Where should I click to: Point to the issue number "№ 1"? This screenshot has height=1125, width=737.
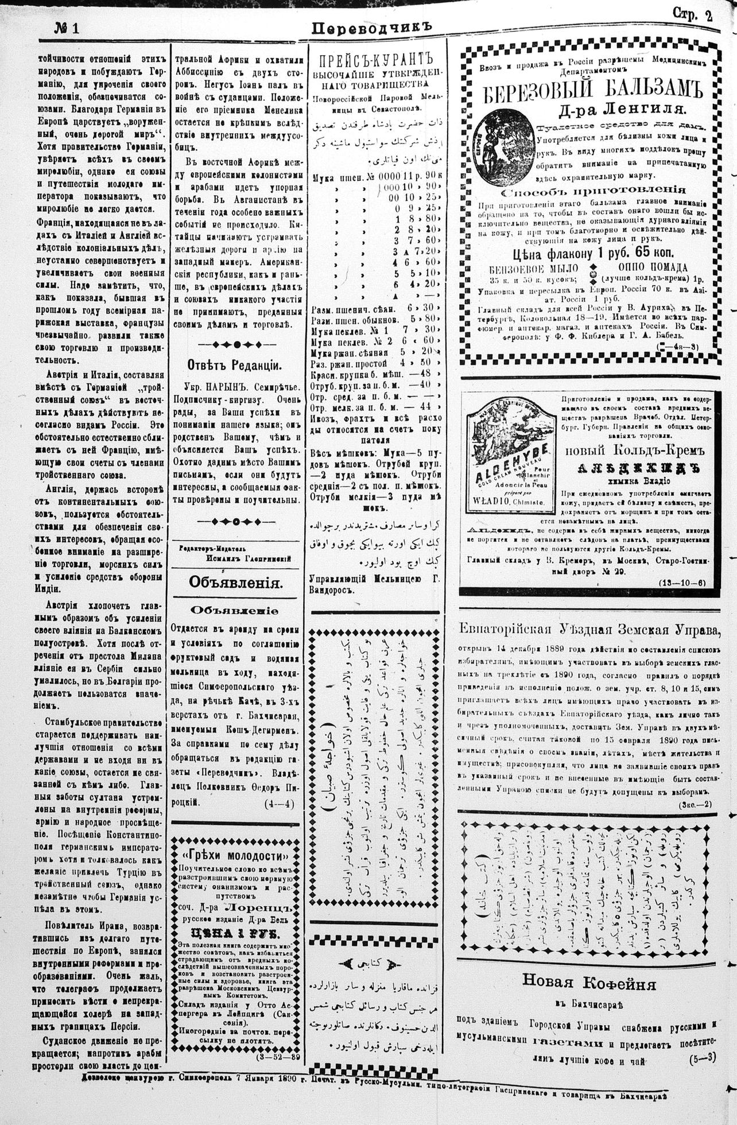pos(67,29)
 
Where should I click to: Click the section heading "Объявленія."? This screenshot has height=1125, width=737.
pos(236,583)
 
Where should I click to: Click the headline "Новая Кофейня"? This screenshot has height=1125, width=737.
pos(588,983)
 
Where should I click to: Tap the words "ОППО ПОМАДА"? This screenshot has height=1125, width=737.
pos(653,267)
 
